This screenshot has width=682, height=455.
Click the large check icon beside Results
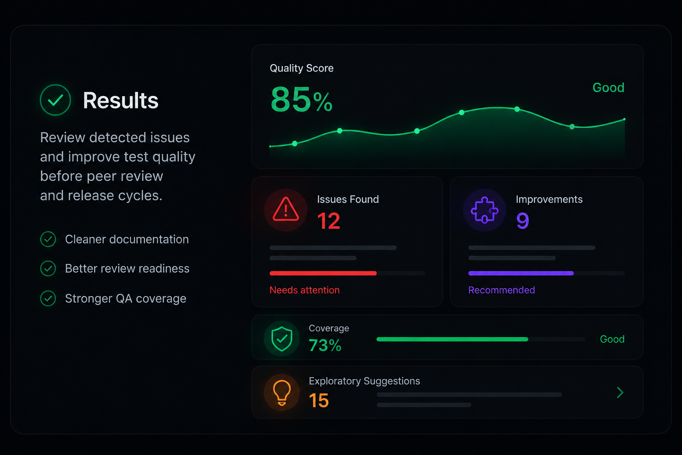point(56,100)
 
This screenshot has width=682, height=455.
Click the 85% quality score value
point(301,100)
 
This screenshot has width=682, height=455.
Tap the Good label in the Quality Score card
point(608,88)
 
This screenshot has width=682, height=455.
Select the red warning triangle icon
point(285,209)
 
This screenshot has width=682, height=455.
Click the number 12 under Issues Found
point(329,221)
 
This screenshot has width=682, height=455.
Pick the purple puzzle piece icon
point(484,210)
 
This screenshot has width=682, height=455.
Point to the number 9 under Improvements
point(523,221)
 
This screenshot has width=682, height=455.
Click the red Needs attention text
point(305,290)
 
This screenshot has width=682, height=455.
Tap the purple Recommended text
point(501,290)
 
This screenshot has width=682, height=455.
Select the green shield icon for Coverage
point(282,339)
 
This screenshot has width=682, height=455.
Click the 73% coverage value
point(325,345)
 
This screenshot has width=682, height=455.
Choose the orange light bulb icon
point(282,393)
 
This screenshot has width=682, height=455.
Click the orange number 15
point(319,400)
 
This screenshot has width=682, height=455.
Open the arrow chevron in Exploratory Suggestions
point(620,392)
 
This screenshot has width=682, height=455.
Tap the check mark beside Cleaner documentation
point(48,239)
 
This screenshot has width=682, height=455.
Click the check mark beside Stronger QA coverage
point(48,298)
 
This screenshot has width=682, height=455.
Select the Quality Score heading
point(301,68)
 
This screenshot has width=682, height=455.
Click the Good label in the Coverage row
point(612,339)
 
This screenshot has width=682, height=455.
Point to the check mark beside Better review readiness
point(48,268)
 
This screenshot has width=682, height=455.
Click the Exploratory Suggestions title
point(365,381)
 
